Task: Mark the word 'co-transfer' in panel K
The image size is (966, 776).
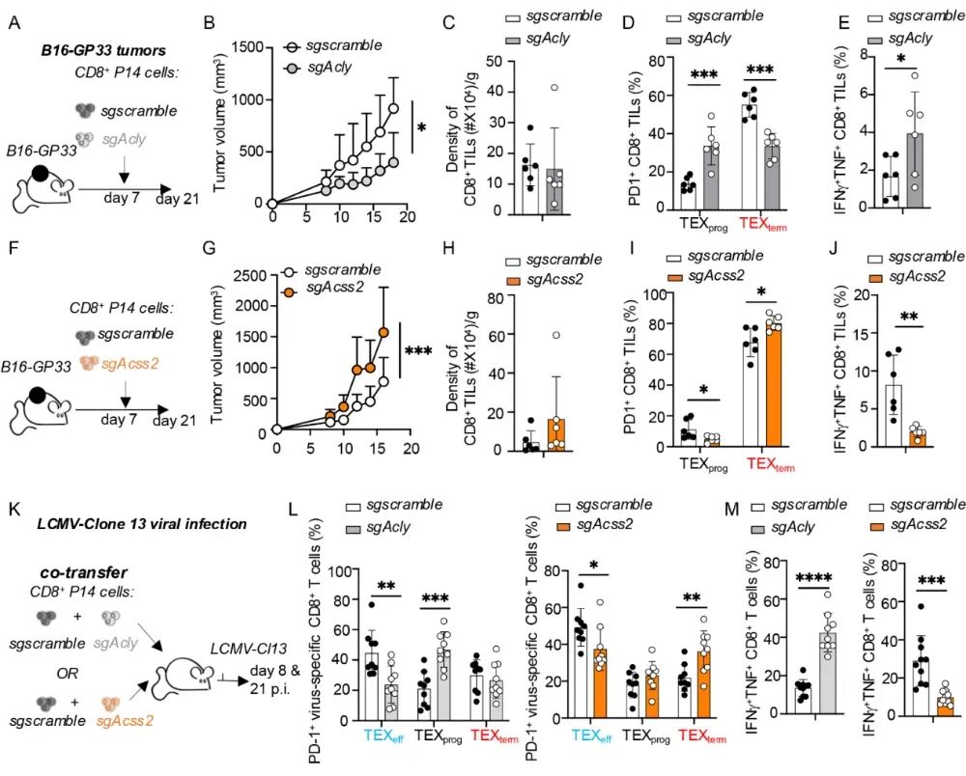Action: pos(78,570)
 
